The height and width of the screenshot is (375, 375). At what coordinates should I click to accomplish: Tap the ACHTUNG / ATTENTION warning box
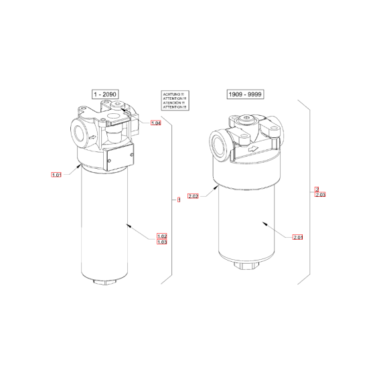click(173, 102)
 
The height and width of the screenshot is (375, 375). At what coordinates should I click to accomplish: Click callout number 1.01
click(56, 175)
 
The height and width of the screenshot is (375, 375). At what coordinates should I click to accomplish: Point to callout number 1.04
click(156, 124)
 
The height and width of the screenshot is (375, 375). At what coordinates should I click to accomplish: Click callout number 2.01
click(298, 237)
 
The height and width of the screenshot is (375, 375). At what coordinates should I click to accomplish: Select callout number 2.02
click(194, 196)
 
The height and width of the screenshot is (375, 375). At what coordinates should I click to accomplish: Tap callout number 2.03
click(319, 195)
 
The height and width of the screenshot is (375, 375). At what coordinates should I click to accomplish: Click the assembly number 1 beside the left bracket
click(178, 200)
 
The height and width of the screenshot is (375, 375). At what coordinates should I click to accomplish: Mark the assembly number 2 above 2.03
click(317, 189)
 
